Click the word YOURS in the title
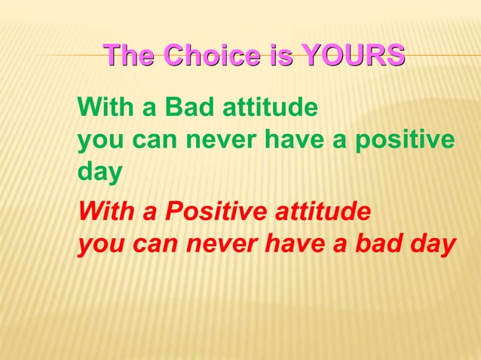click(352, 56)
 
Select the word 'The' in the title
click(130, 56)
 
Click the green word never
click(213, 142)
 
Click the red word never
click(213, 246)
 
